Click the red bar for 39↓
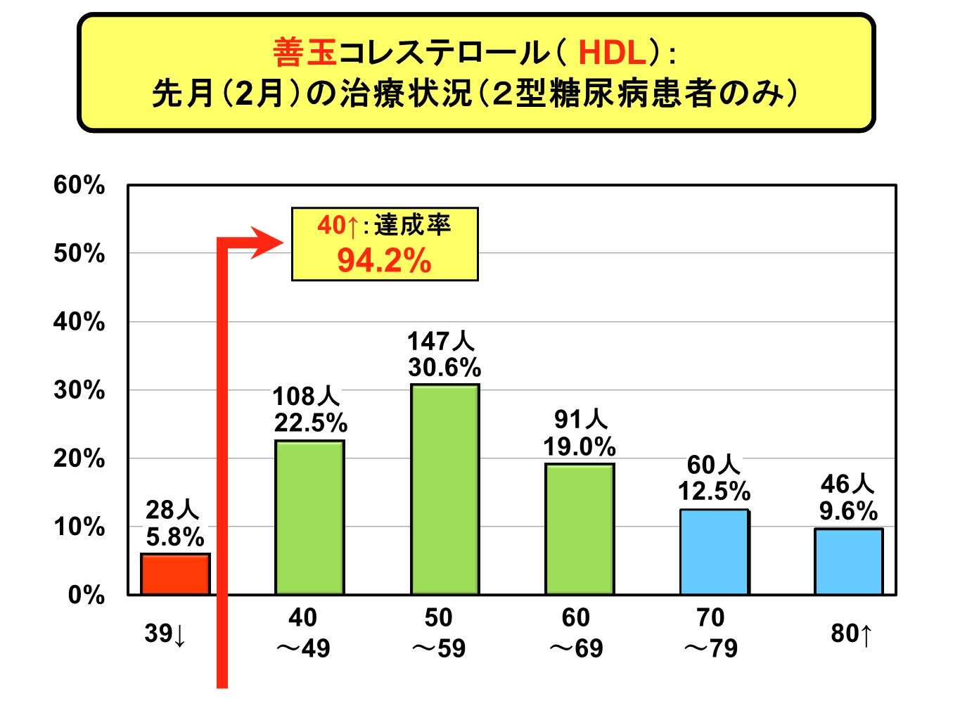[x=175, y=574]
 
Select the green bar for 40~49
[x=309, y=517]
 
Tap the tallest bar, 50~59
[x=444, y=489]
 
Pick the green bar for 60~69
[x=580, y=529]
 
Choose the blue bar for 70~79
[x=714, y=552]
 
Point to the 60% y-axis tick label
[x=79, y=185]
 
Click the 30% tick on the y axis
[x=79, y=390]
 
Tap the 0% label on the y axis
[x=86, y=595]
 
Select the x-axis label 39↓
[x=165, y=634]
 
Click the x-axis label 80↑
[x=851, y=634]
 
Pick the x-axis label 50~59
[x=439, y=633]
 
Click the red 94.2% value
[x=384, y=261]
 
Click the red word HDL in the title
[x=612, y=53]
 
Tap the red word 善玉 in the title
[x=305, y=53]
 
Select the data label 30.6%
[x=444, y=368]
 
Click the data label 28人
[x=172, y=510]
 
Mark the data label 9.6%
[x=848, y=511]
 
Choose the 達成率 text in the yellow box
[x=412, y=225]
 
